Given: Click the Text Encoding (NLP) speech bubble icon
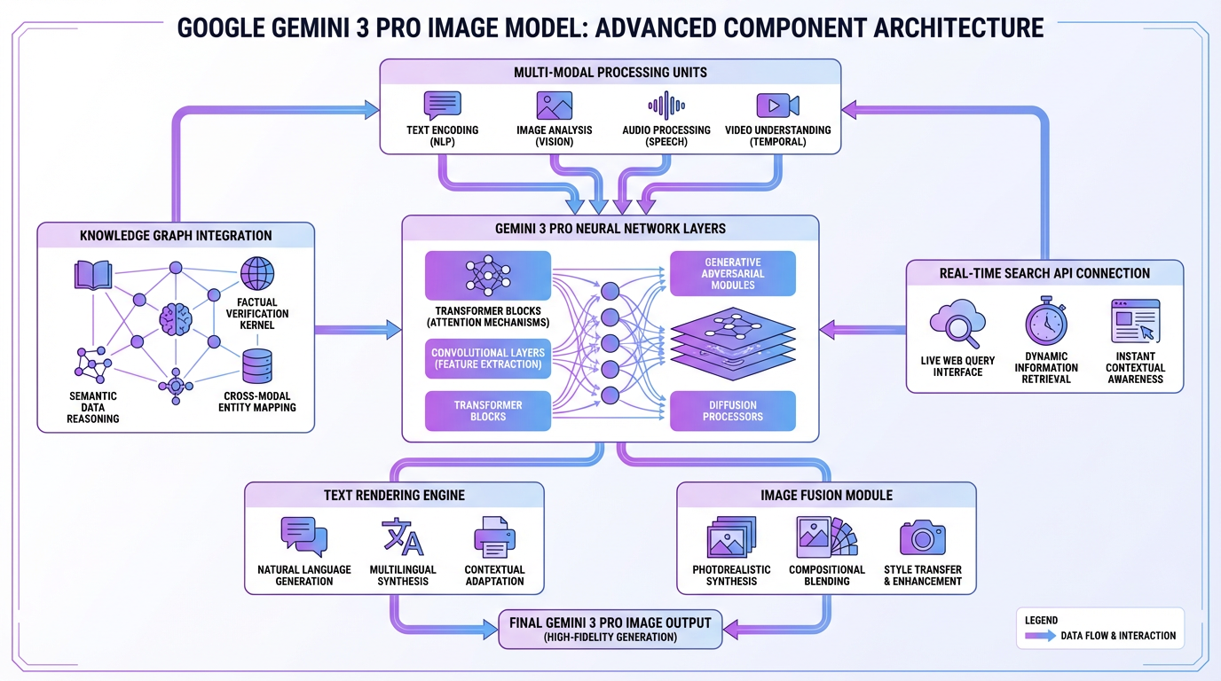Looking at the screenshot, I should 442,105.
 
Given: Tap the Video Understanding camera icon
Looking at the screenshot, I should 777,106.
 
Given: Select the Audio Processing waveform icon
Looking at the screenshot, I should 666,106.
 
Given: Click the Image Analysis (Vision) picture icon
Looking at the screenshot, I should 554,106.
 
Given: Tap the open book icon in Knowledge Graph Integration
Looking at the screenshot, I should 92,275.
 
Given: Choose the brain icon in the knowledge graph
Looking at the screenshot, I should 175,318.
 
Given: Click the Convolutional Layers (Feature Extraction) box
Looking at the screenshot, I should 488,359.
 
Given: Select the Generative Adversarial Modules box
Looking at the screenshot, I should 733,273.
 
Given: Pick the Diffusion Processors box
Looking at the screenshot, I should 733,411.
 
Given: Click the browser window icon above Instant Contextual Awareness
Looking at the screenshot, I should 1136,321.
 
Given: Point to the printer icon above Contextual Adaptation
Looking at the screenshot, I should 494,537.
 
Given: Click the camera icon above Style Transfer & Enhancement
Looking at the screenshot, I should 923,537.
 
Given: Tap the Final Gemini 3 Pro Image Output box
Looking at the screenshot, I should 610,629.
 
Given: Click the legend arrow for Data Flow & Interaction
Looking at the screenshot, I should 1040,636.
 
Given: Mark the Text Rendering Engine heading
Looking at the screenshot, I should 394,495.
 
